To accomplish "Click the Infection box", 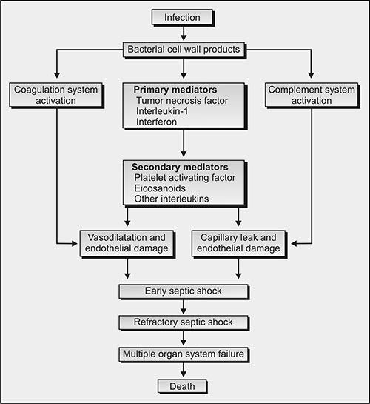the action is [183, 18].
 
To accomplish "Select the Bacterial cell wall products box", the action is [184, 50].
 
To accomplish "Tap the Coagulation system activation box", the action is [56, 95].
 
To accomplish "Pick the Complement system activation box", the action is [312, 95].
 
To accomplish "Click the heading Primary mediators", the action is [175, 90].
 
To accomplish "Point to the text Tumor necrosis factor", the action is [182, 101].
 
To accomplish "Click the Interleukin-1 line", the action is [162, 111].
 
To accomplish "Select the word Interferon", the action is [156, 122].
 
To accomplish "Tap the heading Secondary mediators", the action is [180, 167].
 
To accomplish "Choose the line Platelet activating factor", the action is [184, 177].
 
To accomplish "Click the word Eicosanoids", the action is [160, 188].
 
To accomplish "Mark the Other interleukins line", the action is [172, 199].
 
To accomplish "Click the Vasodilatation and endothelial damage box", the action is [127, 244].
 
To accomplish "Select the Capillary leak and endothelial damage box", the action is [239, 244].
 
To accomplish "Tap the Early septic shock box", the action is [184, 291].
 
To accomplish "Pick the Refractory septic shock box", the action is [184, 323].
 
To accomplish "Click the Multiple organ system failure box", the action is [184, 354].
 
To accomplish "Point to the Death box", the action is [182, 386].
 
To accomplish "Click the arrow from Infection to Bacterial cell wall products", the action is [184, 33].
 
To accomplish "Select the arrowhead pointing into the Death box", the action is [184, 374].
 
